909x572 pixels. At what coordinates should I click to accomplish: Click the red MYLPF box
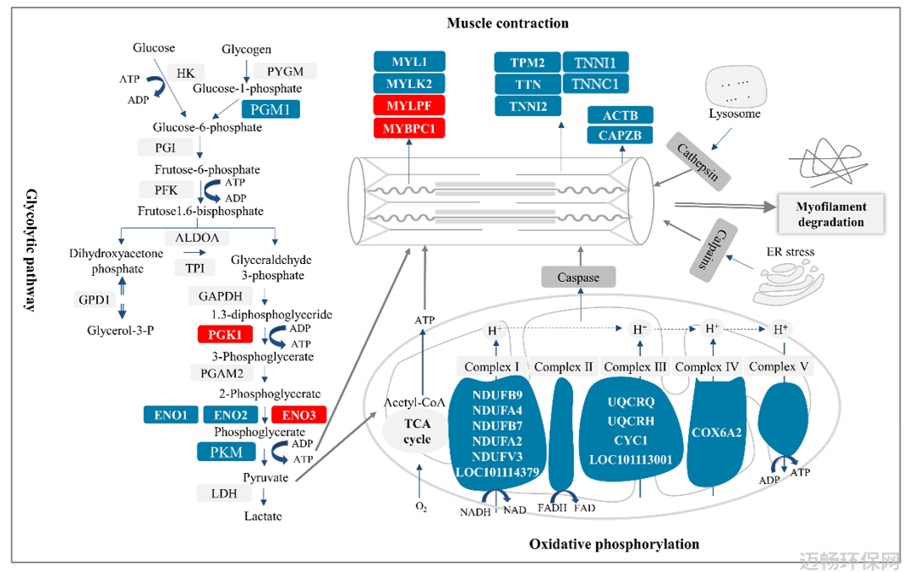(408, 106)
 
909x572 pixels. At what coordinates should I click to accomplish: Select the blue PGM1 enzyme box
(270, 109)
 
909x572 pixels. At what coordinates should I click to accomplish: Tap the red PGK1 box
(225, 335)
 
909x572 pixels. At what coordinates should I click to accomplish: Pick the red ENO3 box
(298, 415)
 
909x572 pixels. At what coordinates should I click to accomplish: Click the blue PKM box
(226, 452)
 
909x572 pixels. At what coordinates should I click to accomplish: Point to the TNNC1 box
(595, 84)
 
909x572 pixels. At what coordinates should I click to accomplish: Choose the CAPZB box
(620, 135)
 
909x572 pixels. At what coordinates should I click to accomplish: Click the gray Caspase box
(578, 278)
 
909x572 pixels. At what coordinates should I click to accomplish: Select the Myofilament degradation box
(830, 214)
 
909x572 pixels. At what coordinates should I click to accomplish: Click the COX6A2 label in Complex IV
(716, 432)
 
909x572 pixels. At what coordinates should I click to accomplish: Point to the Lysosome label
(735, 113)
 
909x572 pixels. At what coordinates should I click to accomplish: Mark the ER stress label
(790, 252)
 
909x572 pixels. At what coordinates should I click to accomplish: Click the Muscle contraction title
(508, 23)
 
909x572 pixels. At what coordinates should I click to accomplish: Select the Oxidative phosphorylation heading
(614, 544)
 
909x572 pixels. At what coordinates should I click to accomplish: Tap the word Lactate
(263, 515)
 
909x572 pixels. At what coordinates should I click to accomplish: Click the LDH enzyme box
(224, 493)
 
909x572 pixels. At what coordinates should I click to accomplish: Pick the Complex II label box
(563, 366)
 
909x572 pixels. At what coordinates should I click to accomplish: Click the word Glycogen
(246, 49)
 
